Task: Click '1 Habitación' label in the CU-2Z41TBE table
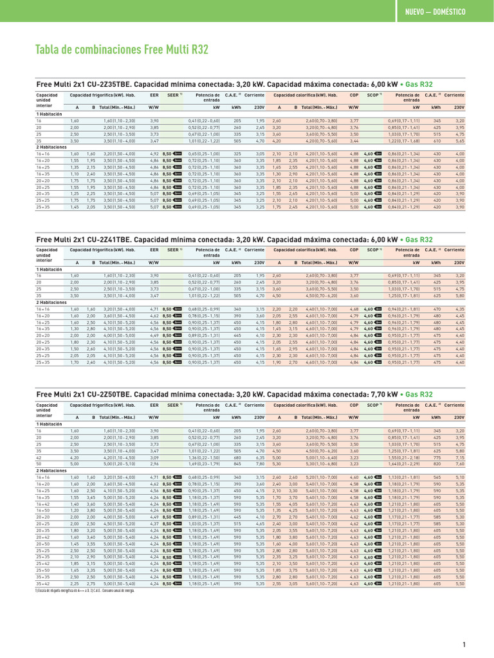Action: point(51,269)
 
